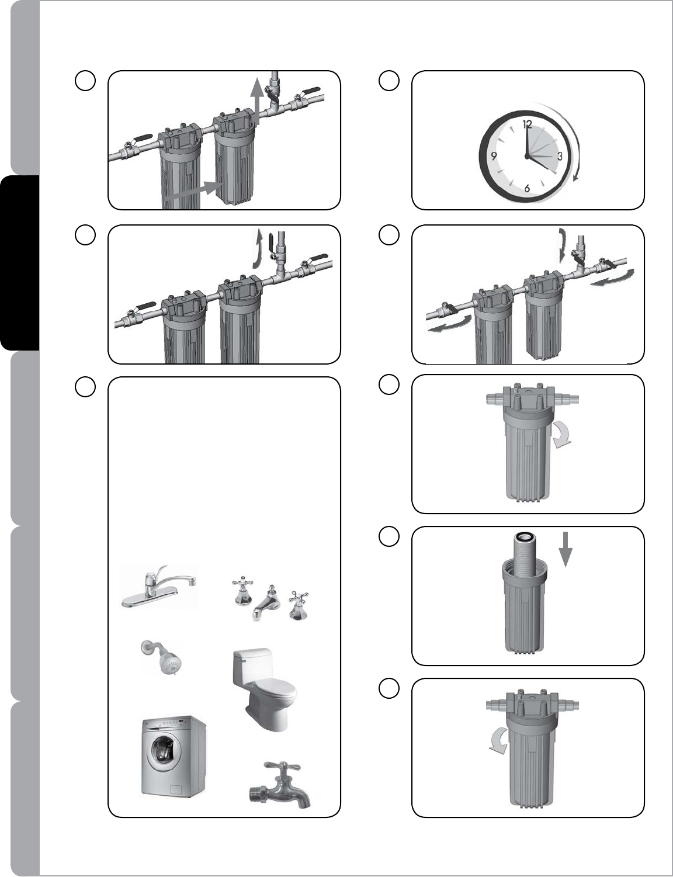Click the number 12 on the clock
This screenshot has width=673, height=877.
(528, 124)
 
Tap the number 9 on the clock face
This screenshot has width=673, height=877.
(494, 157)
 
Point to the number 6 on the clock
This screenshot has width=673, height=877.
(527, 189)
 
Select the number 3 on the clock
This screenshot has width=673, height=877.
(560, 156)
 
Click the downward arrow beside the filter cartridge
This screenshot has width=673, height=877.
(566, 549)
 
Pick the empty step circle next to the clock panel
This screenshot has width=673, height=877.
(389, 81)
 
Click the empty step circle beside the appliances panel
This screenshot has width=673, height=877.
(85, 387)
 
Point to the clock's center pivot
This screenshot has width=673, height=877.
(526, 156)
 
